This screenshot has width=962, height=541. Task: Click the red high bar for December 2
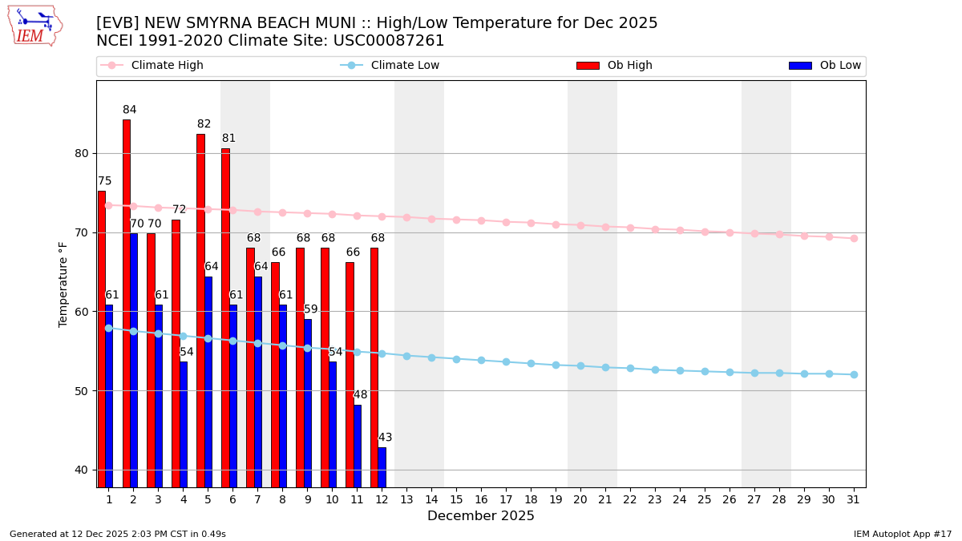coord(126,303)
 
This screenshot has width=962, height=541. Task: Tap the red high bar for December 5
coord(200,310)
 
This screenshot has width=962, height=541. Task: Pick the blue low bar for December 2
coord(134,359)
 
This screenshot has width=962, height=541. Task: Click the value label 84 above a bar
coord(130,110)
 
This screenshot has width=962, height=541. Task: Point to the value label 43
coord(386,438)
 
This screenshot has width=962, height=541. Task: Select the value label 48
coord(361,395)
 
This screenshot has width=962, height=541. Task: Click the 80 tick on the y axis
coord(81,153)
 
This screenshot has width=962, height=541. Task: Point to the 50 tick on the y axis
coord(81,391)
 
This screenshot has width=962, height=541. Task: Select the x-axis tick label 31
coord(854,499)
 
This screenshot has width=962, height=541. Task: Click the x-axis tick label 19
coord(556,499)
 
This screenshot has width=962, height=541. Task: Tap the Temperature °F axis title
coord(63,284)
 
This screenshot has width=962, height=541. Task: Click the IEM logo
coord(34,26)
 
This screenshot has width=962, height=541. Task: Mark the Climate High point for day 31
coord(854,238)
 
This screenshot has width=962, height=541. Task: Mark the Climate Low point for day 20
coord(580,365)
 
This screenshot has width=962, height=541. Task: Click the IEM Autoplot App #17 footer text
coord(902,534)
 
